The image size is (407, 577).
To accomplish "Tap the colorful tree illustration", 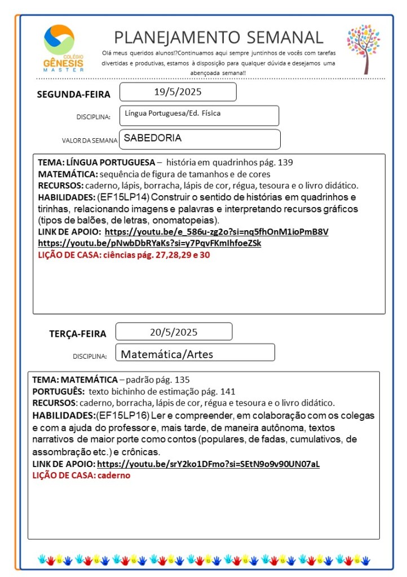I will pos(364,49).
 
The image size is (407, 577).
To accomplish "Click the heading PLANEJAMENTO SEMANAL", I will pos(219,37).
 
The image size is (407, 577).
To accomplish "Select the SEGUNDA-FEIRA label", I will pos(73,94).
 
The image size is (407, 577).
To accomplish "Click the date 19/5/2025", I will pos(178,92).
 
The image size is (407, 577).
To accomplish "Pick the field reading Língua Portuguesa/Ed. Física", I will pos(173,113).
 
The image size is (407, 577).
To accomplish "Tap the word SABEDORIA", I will pos(153,137).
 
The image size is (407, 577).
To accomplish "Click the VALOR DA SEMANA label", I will pos(90,140).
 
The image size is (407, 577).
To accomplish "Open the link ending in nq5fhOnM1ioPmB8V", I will pos(216,232).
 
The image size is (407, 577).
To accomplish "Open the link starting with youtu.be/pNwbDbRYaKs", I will pos(149,243).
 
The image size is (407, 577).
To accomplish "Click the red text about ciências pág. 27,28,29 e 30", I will pos(123,255).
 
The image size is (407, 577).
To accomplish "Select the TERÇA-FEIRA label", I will pos(77,333).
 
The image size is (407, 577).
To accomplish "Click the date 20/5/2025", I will pos(174,332).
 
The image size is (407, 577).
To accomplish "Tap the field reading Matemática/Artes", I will pos(167,355).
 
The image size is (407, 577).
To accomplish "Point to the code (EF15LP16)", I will pos(122,415).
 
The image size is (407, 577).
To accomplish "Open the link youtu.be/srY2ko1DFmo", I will pos(208,464).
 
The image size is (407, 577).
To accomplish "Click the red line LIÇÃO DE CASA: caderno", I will pos(81,475).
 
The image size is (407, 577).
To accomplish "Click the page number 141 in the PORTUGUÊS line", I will pos(228,391).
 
